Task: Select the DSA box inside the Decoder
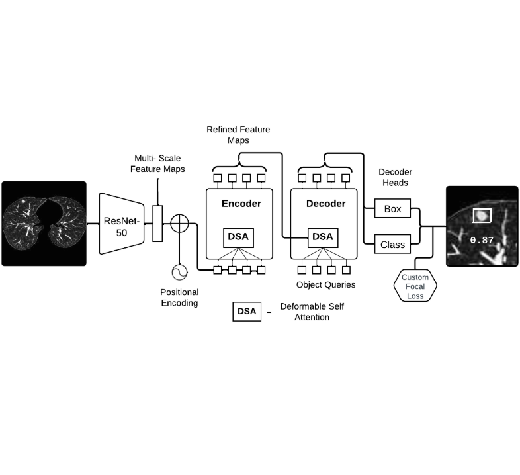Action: tap(323, 236)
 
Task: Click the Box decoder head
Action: tap(392, 209)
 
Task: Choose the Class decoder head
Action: tap(392, 245)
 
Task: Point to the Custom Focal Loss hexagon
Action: tap(415, 286)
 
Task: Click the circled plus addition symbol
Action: tap(179, 223)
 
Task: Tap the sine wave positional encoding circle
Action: tap(179, 272)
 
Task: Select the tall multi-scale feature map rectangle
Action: tap(157, 224)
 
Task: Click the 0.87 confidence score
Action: tap(482, 240)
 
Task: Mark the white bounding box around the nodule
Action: tap(482, 216)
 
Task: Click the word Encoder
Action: tap(241, 204)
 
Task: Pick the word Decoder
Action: tap(325, 204)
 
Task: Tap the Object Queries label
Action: tap(325, 284)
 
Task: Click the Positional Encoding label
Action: tap(179, 298)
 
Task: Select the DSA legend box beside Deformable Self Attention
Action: tap(247, 312)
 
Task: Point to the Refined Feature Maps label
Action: tap(238, 135)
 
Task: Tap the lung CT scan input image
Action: tap(44, 224)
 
